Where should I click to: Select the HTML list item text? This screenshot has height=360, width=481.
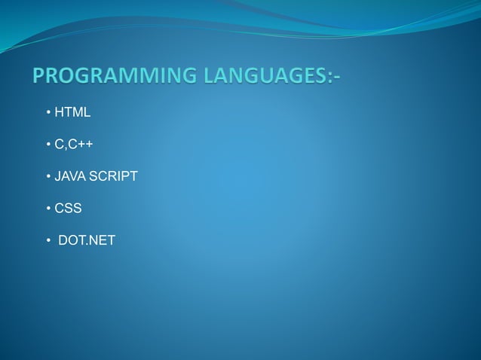pyautogui.click(x=72, y=112)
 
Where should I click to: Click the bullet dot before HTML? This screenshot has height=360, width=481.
pyautogui.click(x=47, y=113)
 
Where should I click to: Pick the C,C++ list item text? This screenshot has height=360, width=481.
pyautogui.click(x=74, y=144)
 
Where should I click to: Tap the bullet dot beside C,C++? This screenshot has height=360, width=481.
pyautogui.click(x=47, y=145)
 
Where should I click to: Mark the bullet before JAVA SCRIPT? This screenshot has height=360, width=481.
pyautogui.click(x=47, y=177)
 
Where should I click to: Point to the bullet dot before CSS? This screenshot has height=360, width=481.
pyautogui.click(x=47, y=209)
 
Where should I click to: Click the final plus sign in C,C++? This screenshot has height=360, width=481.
pyautogui.click(x=89, y=144)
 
